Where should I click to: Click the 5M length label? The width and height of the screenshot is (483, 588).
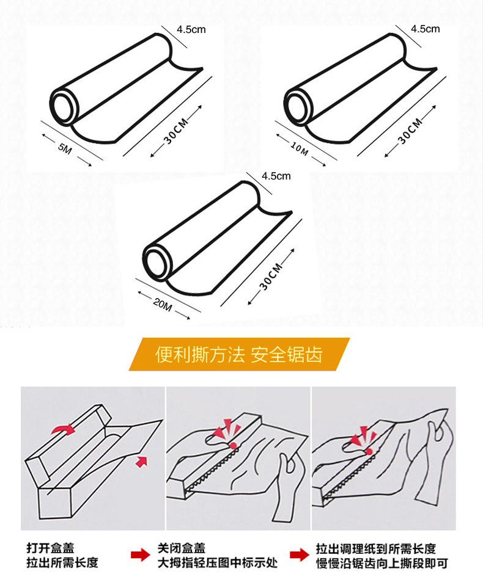coord(65,148)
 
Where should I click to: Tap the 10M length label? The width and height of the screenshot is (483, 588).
coord(300,148)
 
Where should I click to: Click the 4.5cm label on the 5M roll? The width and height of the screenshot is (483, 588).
coord(191,30)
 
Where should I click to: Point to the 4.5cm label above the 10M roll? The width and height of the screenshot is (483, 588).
coord(425,29)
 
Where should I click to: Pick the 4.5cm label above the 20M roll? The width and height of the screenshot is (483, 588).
coord(276,176)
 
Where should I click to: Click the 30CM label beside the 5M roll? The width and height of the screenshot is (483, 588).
coord(175,131)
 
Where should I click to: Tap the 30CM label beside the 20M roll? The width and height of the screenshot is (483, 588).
coord(271,277)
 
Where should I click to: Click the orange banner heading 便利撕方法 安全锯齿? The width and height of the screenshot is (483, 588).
coord(239,354)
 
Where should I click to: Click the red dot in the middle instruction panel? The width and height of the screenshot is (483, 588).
coord(233,446)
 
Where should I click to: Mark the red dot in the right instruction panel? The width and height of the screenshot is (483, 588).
coord(369,451)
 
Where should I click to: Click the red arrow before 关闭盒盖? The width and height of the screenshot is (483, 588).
coord(140,554)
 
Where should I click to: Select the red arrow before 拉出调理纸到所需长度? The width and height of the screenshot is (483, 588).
coord(300,554)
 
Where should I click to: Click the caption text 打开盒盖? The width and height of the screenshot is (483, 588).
coord(50,548)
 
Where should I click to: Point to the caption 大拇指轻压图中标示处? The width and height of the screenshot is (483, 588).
coord(218,563)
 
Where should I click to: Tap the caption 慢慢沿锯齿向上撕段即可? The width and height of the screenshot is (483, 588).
coord(382,563)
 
